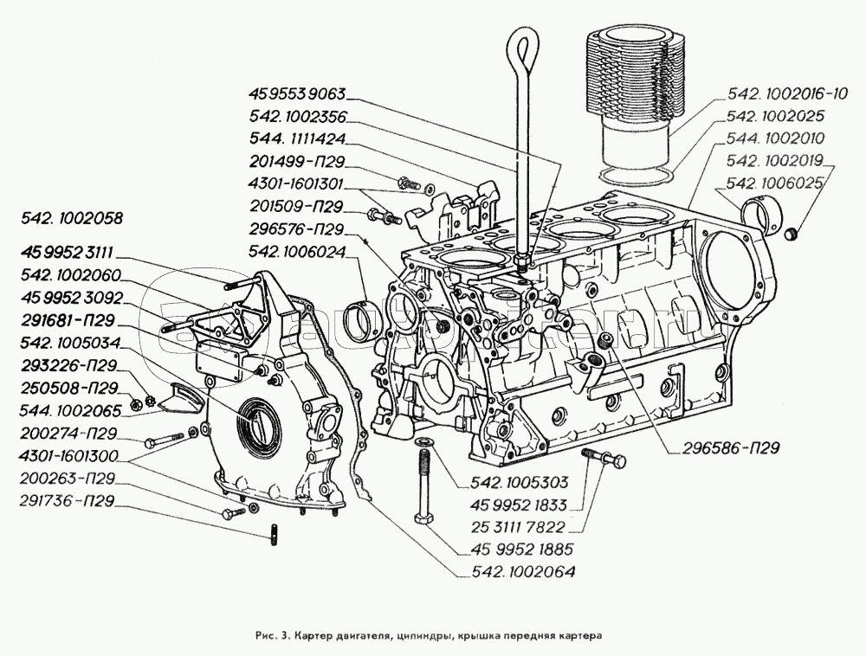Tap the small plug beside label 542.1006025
(791, 235)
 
